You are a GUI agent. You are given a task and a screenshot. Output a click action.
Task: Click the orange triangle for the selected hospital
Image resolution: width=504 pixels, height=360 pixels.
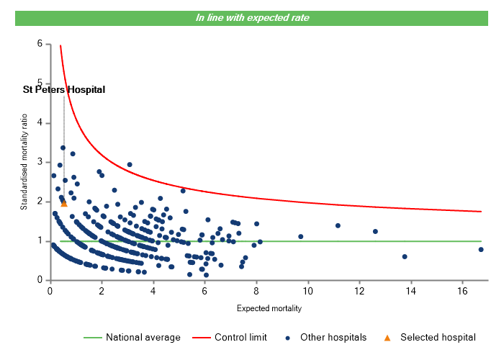(x=64, y=204)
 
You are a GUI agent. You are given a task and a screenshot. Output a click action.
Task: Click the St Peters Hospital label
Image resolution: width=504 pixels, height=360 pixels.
(x=64, y=90)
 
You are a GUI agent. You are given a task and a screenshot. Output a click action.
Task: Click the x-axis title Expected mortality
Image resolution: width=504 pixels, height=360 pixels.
(x=269, y=309)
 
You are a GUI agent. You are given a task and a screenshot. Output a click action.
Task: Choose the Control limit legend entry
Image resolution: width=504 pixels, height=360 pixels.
(x=240, y=337)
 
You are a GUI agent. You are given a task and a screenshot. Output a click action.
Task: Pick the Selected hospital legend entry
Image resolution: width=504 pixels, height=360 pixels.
(x=438, y=337)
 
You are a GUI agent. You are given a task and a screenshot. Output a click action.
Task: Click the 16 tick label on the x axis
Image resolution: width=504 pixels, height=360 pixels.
(x=463, y=291)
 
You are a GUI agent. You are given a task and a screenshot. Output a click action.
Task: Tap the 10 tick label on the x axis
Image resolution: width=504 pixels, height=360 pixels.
(x=308, y=291)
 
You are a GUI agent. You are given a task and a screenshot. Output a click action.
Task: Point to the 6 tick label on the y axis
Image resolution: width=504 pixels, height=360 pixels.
(x=40, y=44)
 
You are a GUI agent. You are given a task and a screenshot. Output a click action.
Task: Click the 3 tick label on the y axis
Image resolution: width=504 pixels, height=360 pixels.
(x=40, y=162)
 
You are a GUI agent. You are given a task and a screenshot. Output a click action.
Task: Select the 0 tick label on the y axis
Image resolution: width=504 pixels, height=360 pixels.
(x=40, y=280)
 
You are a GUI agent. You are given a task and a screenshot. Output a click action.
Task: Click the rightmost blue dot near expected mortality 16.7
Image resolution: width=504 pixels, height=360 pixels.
(x=481, y=250)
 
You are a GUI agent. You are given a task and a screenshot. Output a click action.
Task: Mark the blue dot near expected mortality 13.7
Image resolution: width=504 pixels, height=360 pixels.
(x=405, y=256)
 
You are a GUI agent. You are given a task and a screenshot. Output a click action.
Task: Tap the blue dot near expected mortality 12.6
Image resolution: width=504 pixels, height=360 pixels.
(x=375, y=231)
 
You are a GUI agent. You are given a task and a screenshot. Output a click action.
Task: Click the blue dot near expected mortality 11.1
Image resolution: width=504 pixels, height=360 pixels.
(x=338, y=225)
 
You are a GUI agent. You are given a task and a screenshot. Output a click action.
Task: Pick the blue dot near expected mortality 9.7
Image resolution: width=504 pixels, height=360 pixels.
(x=301, y=236)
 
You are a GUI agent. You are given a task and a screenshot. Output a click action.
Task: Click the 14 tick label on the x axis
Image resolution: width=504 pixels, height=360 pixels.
(x=411, y=291)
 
